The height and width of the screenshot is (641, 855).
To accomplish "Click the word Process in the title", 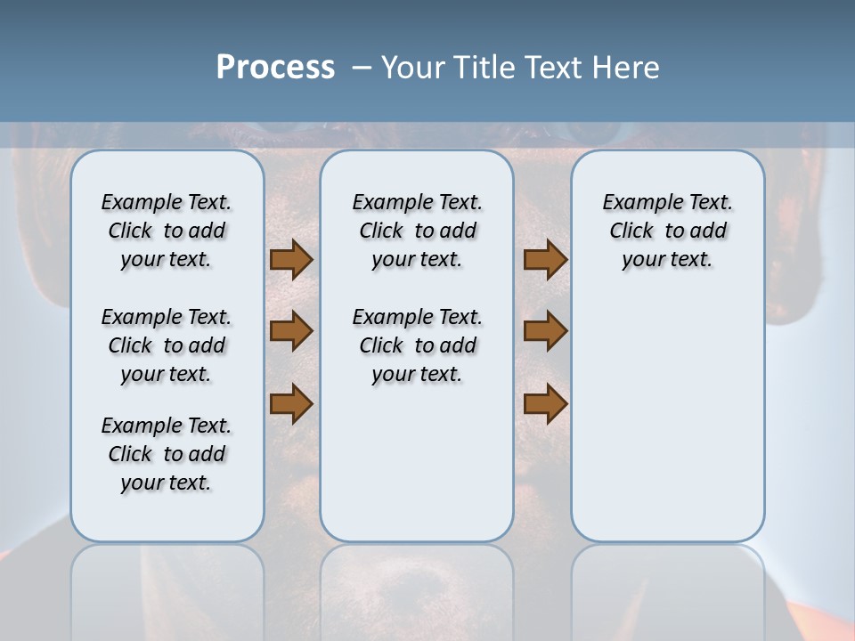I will point(275,68).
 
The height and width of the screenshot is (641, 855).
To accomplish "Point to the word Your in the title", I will point(415,68).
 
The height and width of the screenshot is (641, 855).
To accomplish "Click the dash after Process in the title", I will point(362,69).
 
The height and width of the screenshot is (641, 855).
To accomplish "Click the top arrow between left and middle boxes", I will point(291,259).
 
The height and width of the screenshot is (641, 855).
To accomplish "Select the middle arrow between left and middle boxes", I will point(291,331).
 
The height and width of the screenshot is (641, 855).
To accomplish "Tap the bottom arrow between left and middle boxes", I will point(291,404).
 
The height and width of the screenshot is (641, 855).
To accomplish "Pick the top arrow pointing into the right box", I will point(545,259).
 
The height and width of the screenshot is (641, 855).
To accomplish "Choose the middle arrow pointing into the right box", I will point(545,331).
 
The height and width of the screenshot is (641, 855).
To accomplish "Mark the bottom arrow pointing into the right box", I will point(545,404).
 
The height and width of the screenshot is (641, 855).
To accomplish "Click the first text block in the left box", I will point(167,231).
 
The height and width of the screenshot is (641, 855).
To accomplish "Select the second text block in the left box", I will point(167,345).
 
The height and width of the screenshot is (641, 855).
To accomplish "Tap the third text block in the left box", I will point(167,454).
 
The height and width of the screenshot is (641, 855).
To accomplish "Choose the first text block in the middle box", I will point(417,231).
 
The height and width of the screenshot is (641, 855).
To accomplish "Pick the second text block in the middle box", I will point(417,345).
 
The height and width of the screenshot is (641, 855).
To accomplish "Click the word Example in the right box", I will point(637,203).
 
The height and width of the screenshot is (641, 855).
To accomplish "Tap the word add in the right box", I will point(708,231).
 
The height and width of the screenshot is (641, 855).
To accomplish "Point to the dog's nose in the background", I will point(417,588).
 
